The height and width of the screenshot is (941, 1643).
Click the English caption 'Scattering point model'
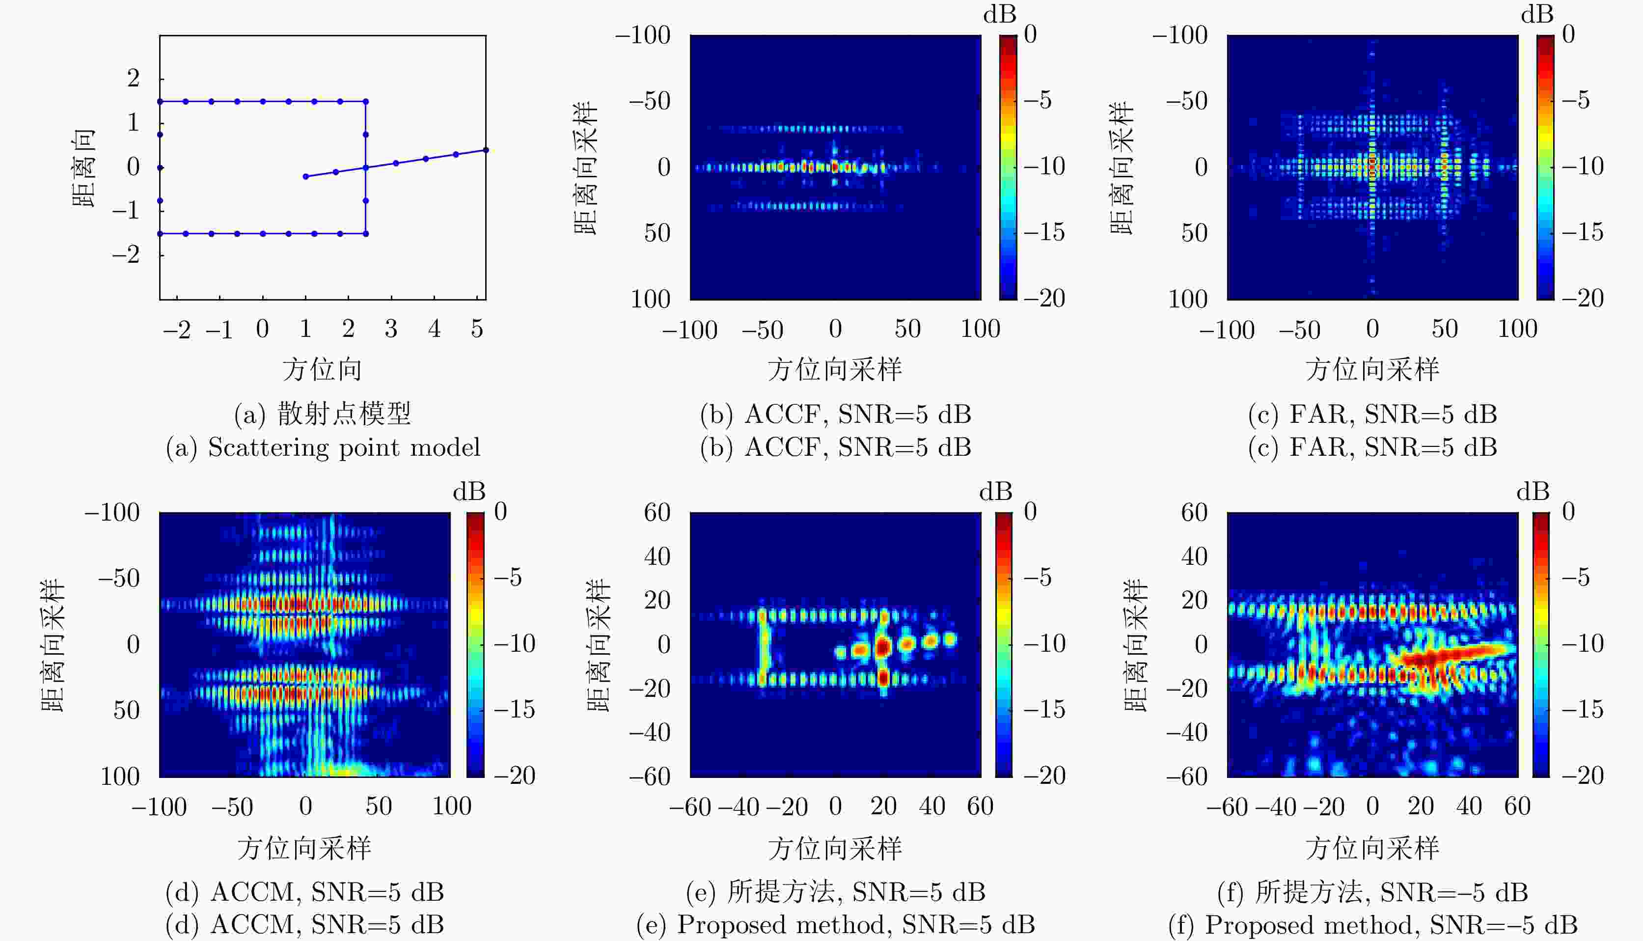344,447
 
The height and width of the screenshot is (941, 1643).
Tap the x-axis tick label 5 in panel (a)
477,329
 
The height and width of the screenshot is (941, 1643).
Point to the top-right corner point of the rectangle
366,102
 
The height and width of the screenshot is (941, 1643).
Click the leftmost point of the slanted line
305,176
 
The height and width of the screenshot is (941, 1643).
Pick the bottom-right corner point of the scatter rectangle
366,233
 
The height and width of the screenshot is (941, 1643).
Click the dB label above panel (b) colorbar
999,14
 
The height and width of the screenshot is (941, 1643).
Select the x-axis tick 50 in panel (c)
1445,329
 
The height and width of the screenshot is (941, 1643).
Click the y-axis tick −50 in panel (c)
1187,101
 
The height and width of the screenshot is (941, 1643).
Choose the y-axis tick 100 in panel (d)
120,776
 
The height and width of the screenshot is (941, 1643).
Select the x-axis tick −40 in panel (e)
738,806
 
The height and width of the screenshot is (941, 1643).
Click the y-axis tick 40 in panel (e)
657,556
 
